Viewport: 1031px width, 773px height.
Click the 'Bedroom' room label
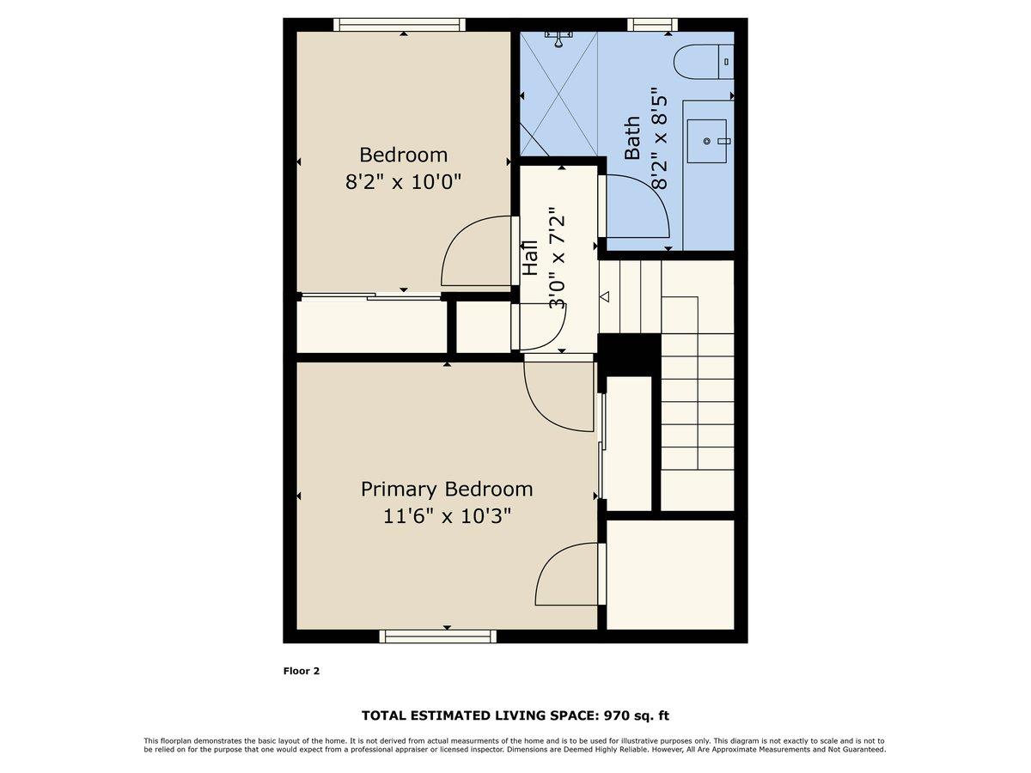(x=403, y=155)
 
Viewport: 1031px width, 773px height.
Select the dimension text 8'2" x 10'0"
(x=403, y=182)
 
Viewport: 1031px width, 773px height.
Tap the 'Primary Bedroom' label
(x=446, y=489)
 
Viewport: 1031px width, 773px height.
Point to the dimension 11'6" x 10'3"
(x=446, y=516)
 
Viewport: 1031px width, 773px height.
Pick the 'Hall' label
(x=530, y=257)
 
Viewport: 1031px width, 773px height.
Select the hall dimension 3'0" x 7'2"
(x=558, y=257)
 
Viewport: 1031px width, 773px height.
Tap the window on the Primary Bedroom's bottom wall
(x=438, y=636)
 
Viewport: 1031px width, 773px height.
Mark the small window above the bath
(x=652, y=24)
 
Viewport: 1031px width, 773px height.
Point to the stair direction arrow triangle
(x=604, y=297)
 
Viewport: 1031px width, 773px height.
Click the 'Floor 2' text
(x=302, y=671)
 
